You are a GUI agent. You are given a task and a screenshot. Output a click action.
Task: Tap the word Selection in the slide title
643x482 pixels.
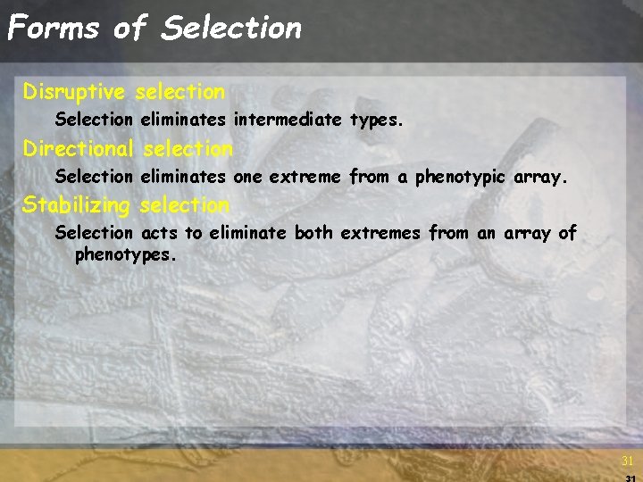(x=231, y=28)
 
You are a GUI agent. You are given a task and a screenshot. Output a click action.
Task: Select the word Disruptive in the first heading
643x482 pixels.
(x=76, y=92)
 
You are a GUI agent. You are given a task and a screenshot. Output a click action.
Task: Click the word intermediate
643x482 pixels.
(x=288, y=119)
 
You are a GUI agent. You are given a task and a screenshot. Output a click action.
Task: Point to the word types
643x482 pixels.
(x=382, y=120)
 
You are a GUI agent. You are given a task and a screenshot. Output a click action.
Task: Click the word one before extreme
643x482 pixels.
(x=246, y=177)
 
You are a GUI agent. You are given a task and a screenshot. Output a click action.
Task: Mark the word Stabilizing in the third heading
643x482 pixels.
(x=76, y=205)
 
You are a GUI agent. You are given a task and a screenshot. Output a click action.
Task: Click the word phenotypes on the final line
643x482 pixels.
(x=125, y=255)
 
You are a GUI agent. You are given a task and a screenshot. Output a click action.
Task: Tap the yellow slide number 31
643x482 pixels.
(x=627, y=461)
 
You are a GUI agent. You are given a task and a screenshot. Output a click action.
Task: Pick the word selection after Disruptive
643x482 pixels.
(x=182, y=92)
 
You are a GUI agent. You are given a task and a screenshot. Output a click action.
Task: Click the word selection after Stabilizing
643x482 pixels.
(x=184, y=205)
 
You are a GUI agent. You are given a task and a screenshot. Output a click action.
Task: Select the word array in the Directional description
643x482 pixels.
(x=540, y=177)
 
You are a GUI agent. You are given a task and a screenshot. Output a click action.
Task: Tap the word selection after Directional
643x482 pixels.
(x=188, y=148)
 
